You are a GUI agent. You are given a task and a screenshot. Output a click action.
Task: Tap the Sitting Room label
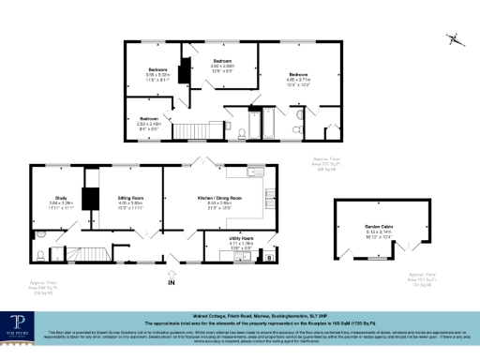click(x=130, y=198)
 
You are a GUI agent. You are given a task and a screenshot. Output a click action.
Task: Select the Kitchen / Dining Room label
click(x=219, y=198)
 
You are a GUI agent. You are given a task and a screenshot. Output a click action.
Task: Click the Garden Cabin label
click(x=380, y=227)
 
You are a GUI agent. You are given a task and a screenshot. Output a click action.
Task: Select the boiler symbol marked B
click(x=270, y=256)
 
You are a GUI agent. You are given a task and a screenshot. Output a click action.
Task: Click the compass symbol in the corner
click(x=455, y=39)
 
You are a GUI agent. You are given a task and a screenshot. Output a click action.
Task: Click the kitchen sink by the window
click(x=253, y=172)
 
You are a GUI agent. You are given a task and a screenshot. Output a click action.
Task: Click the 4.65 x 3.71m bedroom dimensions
click(x=298, y=80)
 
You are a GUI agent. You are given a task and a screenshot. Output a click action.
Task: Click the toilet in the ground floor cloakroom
click(x=40, y=253)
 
